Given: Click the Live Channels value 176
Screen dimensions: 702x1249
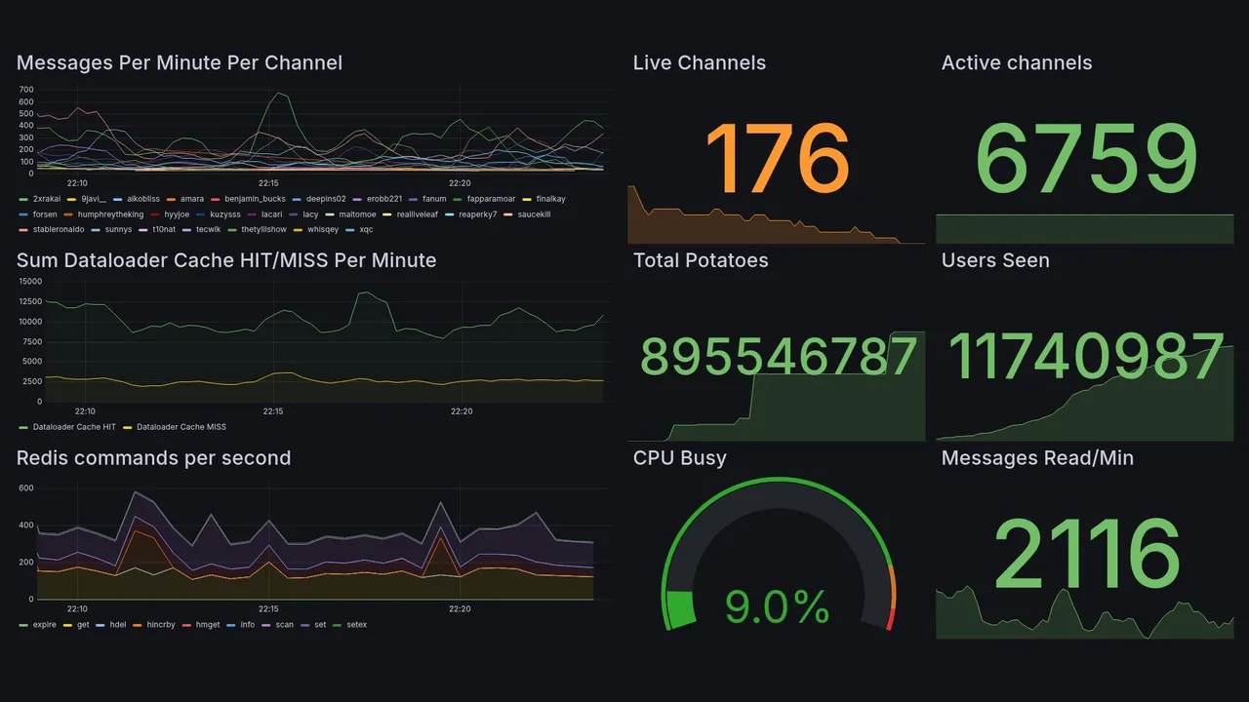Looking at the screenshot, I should point(777,158).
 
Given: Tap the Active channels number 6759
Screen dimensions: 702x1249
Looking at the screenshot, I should point(1085,158).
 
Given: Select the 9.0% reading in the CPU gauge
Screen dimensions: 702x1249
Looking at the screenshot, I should point(777,607).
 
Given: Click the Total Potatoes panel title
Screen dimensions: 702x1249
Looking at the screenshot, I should point(700,260).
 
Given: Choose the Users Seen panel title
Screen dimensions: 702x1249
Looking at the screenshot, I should point(994,260).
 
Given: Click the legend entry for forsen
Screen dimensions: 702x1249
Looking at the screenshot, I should point(44,214).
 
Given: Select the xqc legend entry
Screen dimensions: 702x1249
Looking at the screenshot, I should point(366,230).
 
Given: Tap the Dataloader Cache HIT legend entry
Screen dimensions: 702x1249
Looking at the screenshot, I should point(73,427).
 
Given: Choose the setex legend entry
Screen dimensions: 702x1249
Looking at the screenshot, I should point(356,625).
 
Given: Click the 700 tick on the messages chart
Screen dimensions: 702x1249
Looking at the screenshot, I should point(26,89).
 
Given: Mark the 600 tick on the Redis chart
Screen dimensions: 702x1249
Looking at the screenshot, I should point(26,488).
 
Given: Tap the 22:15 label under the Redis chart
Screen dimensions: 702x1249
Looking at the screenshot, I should point(268,609).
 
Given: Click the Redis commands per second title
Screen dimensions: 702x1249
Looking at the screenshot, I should point(153,458).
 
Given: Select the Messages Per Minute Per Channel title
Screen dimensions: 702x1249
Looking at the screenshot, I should point(179,63).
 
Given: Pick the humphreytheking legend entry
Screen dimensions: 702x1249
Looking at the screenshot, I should point(110,214).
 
